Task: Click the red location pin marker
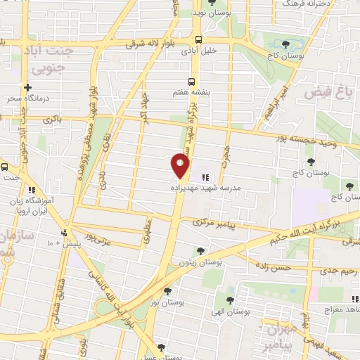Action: coord(181,166)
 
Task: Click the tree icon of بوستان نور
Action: coord(167,290)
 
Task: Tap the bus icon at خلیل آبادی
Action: coord(198,39)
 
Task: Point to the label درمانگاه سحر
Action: coord(29,99)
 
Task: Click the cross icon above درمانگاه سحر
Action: coord(27,88)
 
